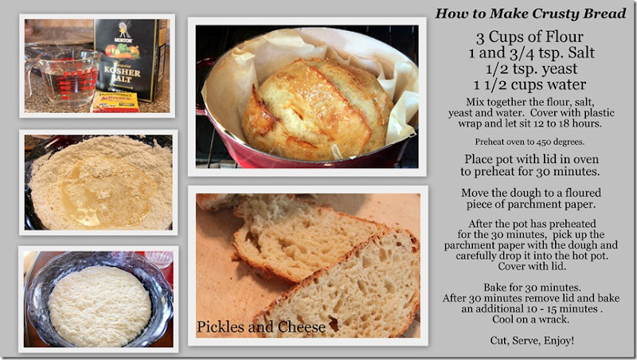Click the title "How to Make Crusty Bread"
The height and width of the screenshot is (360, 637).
[530, 14]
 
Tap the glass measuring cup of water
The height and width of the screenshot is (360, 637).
[65, 77]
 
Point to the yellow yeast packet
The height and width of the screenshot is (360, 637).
[115, 102]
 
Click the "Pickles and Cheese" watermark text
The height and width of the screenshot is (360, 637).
[261, 327]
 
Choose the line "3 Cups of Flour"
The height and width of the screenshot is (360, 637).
[530, 37]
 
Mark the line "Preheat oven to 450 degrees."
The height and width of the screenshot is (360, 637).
[530, 142]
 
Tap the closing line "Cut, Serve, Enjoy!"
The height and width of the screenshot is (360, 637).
[532, 340]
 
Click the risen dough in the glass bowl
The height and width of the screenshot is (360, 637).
[100, 305]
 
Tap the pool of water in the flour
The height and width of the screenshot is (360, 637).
[107, 194]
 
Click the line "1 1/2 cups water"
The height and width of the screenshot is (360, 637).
[530, 85]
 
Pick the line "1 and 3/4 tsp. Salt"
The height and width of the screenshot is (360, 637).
[531, 53]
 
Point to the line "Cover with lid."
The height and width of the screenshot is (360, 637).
[532, 267]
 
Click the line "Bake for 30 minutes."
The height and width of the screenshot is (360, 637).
[532, 288]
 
